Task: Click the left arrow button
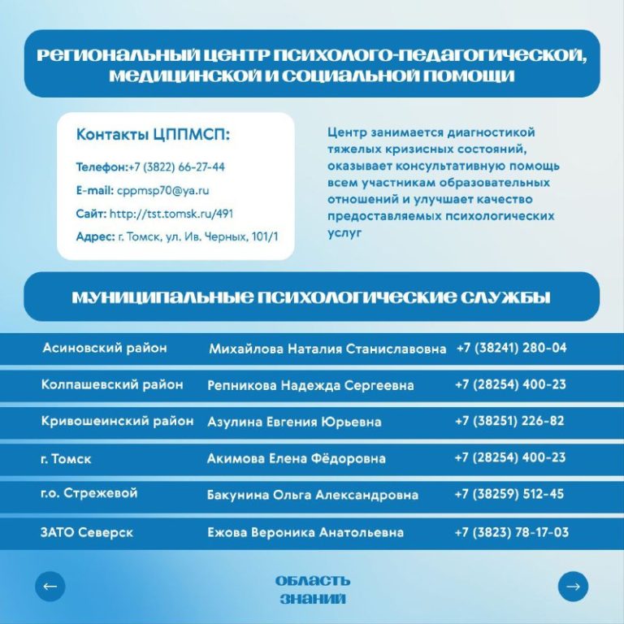[50, 586]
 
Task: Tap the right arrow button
[573, 586]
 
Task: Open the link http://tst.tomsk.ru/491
[171, 213]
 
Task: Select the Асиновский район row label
[104, 348]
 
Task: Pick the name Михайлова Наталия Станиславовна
[327, 349]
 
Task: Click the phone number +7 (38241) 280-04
[511, 348]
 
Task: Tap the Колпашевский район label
[112, 384]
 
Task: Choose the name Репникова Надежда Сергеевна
[310, 385]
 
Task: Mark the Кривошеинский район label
[117, 421]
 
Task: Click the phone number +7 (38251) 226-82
[509, 421]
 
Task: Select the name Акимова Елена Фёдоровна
[296, 458]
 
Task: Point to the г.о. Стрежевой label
[89, 493]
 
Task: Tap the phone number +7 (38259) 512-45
[509, 493]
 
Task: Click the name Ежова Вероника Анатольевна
[305, 533]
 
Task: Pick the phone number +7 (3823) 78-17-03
[511, 532]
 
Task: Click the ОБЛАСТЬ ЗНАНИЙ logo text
[312, 590]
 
